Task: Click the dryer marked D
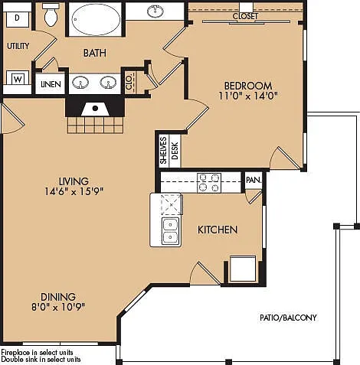17,19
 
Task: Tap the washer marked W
18,79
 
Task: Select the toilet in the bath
51,15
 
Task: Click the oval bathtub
96,19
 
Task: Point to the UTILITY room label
18,46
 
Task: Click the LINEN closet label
51,84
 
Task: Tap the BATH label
95,53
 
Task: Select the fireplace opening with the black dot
95,109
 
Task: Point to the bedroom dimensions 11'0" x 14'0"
248,96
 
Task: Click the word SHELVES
163,150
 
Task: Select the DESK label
175,151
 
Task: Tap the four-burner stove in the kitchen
209,183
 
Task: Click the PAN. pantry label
254,180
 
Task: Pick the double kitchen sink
171,232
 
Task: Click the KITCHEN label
218,230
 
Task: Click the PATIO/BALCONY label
288,318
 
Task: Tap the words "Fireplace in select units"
37,353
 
